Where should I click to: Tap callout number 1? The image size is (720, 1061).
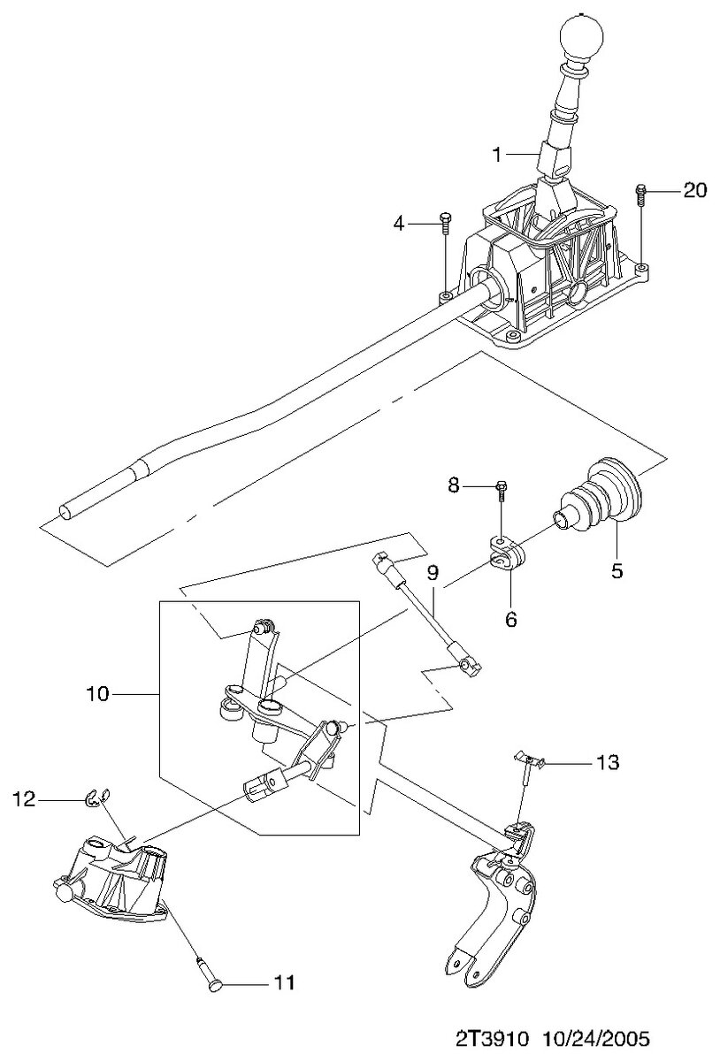pyautogui.click(x=498, y=155)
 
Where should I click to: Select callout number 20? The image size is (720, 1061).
pyautogui.click(x=695, y=190)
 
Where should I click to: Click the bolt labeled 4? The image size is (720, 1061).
pyautogui.click(x=445, y=221)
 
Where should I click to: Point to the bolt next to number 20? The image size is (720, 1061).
pyautogui.click(x=641, y=192)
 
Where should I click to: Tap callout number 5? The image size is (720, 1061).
pyautogui.click(x=617, y=571)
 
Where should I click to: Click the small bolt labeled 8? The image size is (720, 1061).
pyautogui.click(x=502, y=486)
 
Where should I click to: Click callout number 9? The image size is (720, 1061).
pyautogui.click(x=433, y=573)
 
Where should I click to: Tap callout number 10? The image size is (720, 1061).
pyautogui.click(x=97, y=694)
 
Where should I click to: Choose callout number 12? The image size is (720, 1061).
pyautogui.click(x=24, y=799)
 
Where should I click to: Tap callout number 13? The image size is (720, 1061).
pyautogui.click(x=608, y=761)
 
